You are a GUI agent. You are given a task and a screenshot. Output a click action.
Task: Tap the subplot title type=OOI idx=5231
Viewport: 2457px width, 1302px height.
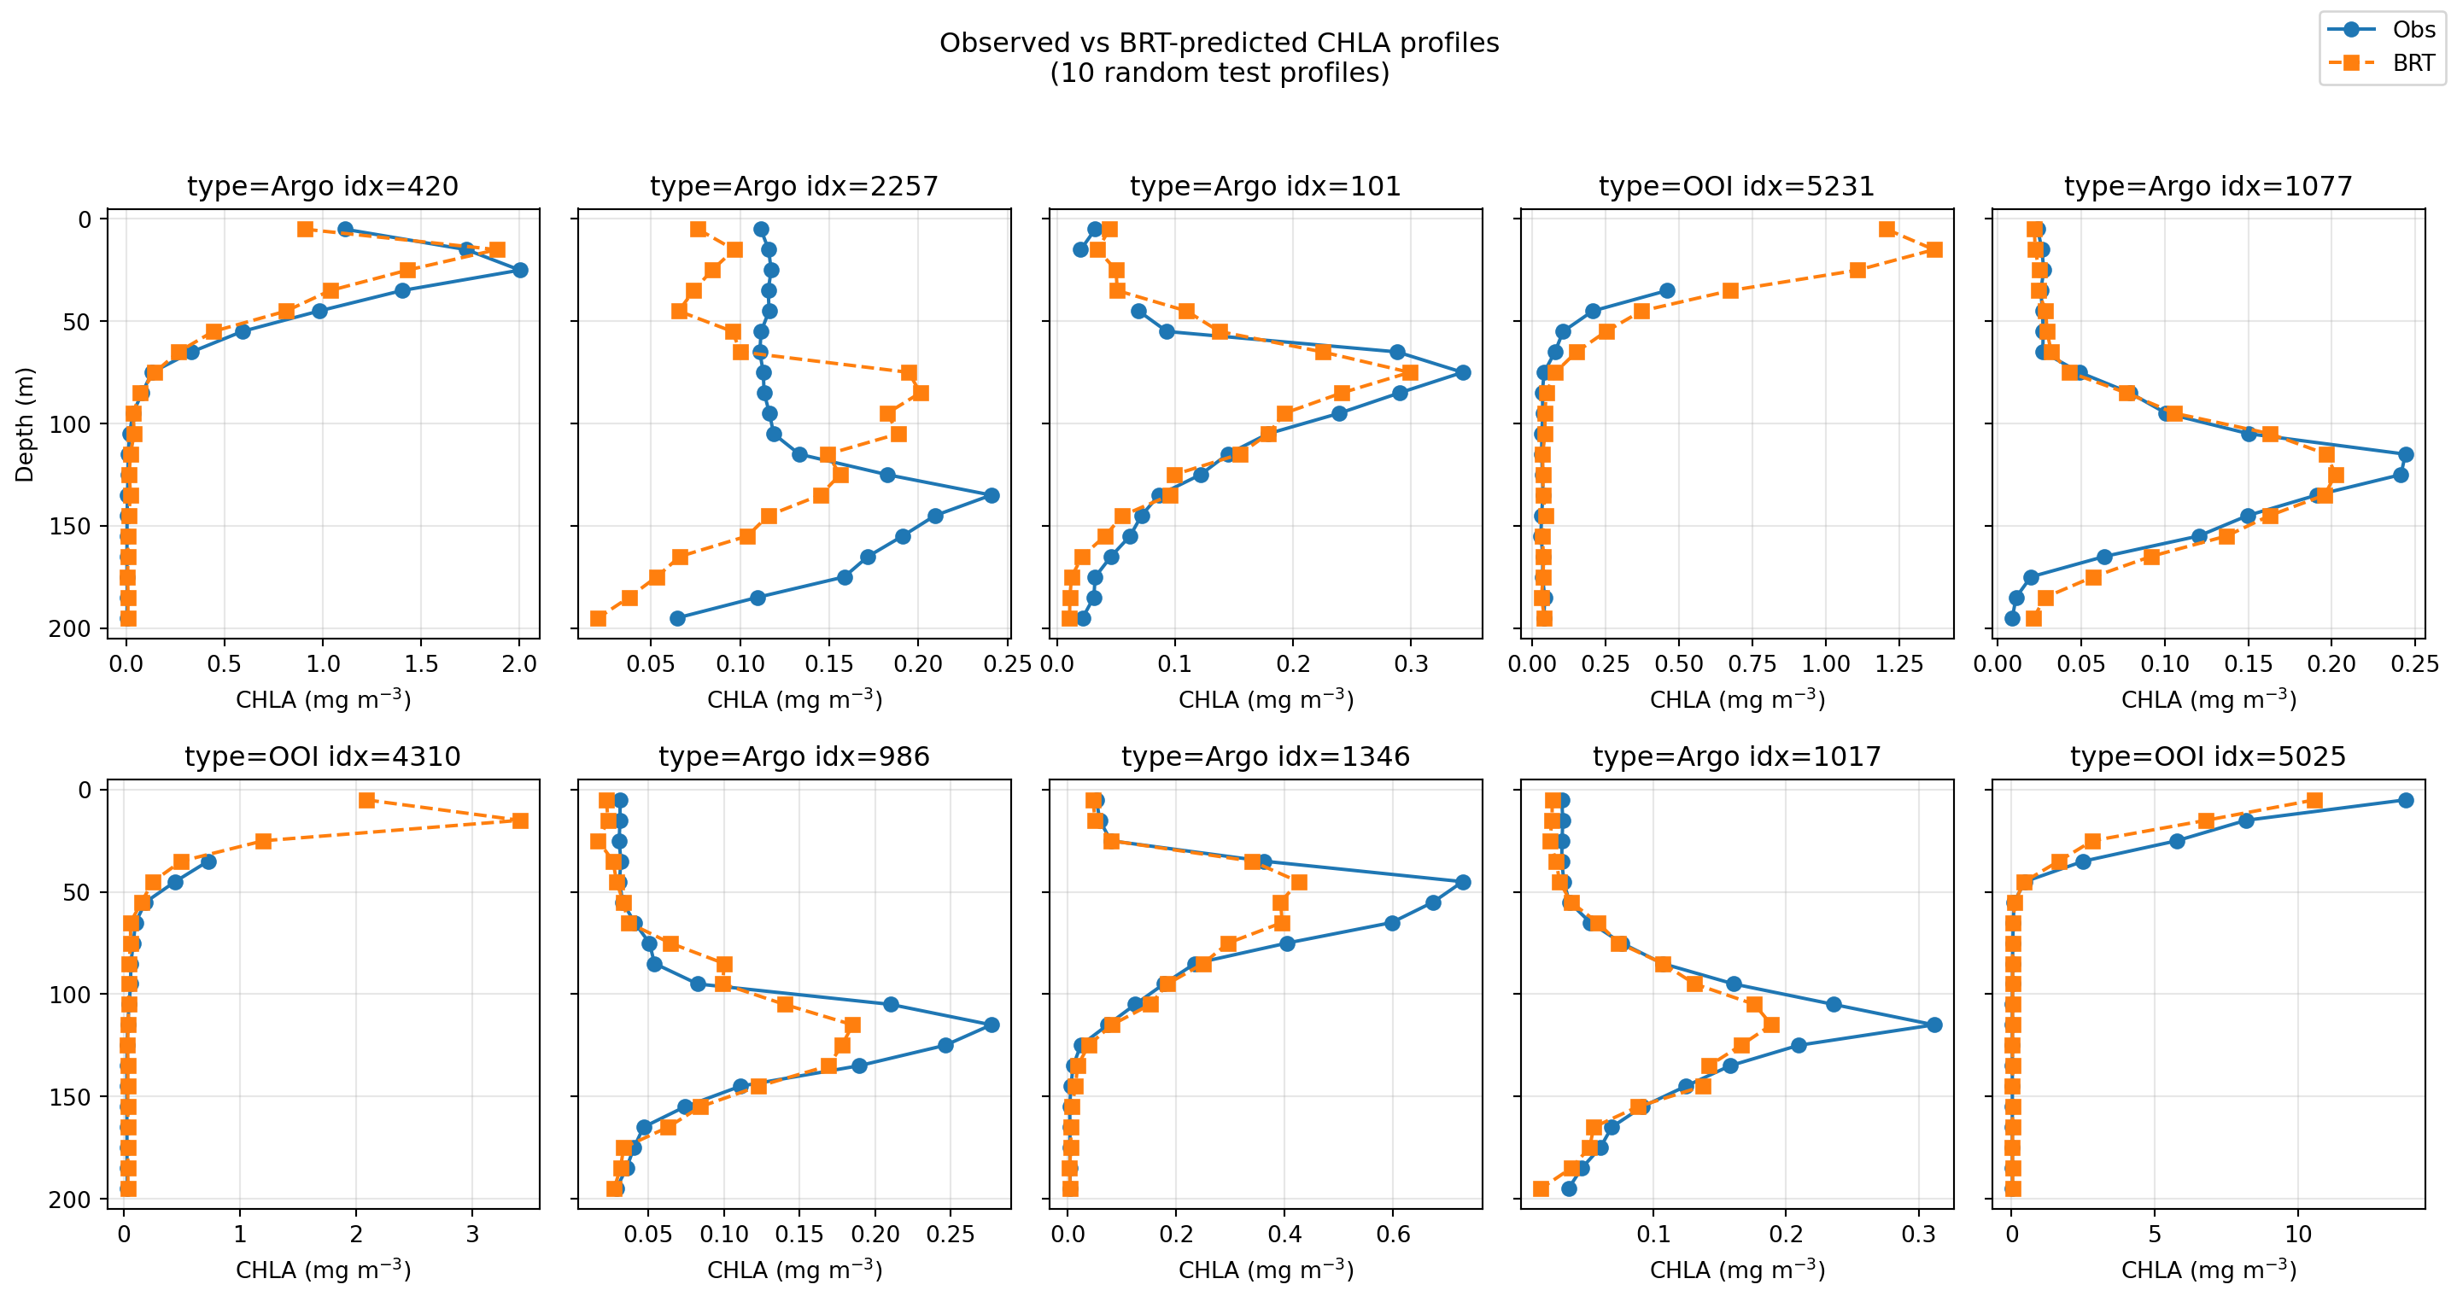(x=1736, y=186)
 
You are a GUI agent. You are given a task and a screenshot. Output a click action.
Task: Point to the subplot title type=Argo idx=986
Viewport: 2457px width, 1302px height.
(x=793, y=756)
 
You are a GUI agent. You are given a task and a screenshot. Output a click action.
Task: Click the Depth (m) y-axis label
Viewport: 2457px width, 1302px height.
(x=24, y=424)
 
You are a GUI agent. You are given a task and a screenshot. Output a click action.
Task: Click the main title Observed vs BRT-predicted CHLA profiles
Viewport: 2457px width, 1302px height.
(x=1219, y=43)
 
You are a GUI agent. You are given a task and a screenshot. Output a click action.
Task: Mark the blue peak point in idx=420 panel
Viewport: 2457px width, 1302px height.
(x=520, y=270)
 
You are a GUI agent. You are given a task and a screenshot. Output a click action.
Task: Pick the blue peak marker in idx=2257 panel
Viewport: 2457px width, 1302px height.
(x=992, y=495)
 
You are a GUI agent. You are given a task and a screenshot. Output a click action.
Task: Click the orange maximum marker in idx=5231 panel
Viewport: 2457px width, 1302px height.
(x=1934, y=250)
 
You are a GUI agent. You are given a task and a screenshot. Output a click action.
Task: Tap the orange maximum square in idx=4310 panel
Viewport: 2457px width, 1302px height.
(x=520, y=820)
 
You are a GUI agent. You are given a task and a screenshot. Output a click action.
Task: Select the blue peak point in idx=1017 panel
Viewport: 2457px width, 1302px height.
(x=1934, y=1025)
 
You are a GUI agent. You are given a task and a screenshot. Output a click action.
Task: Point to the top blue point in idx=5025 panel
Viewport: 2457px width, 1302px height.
(x=2406, y=800)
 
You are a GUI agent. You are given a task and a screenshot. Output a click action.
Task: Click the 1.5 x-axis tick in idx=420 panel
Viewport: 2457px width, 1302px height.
(x=421, y=664)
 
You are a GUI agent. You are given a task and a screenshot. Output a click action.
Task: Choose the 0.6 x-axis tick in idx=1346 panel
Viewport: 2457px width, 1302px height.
(x=1393, y=1235)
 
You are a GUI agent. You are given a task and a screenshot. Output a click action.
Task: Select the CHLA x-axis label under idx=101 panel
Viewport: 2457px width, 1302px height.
(x=1266, y=700)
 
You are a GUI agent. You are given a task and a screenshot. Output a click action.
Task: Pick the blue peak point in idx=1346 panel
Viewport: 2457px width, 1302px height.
(x=1463, y=882)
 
